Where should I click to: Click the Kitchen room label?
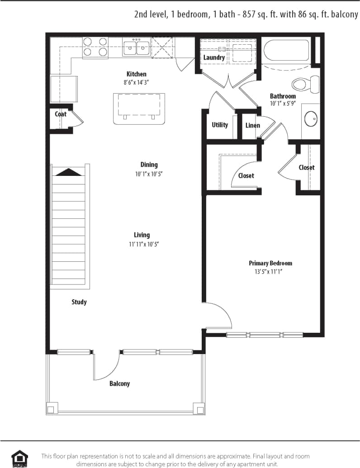[136, 74]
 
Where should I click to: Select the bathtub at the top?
[287, 51]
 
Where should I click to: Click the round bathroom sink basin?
[311, 119]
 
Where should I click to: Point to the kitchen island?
[138, 108]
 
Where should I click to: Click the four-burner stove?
[95, 47]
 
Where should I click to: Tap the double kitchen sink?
[137, 47]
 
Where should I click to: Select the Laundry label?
[214, 57]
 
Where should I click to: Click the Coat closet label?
[61, 114]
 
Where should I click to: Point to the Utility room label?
[220, 125]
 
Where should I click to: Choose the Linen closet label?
[252, 125]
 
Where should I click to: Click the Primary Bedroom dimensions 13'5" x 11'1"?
[270, 272]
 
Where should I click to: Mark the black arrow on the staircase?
[69, 172]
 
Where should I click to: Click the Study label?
[79, 302]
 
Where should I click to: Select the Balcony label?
[119, 383]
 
